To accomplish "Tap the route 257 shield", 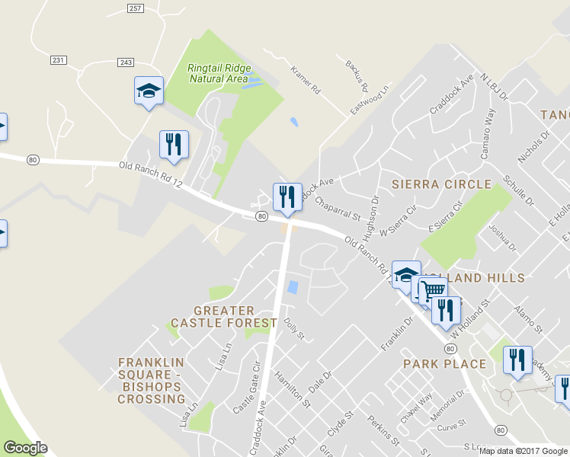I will tap(136, 8).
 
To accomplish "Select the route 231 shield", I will tap(59, 59).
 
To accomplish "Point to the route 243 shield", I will tap(126, 62).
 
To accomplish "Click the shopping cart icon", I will tap(432, 289).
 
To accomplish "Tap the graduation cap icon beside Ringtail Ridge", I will tap(149, 91).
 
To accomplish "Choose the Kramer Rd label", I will tap(305, 80).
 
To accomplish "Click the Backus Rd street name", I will tap(357, 75).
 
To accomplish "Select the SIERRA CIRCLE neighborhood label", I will tap(441, 184).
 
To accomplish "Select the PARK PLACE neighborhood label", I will tap(444, 364).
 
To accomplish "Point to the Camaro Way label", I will tap(488, 134).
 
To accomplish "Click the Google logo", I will tap(25, 448).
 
